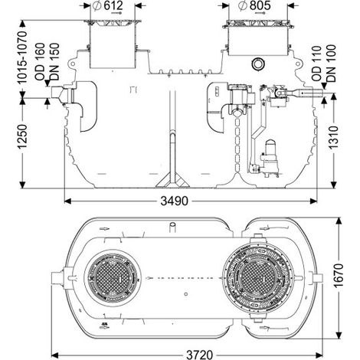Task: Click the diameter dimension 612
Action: [x=108, y=5]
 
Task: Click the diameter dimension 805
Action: [x=254, y=5]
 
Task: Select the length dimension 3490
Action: [x=174, y=201]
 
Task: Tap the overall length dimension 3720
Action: [x=199, y=355]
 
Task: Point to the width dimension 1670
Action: [x=339, y=275]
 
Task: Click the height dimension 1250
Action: [x=22, y=136]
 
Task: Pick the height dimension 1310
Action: [x=334, y=137]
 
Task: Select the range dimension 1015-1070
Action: [x=22, y=57]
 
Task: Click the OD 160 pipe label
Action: [x=41, y=62]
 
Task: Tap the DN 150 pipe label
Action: [x=54, y=62]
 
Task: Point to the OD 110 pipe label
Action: [x=316, y=64]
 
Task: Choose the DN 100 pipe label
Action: [x=331, y=64]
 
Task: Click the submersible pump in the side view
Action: [x=270, y=159]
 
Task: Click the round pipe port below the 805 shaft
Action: [x=258, y=64]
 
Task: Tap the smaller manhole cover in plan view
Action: [x=113, y=278]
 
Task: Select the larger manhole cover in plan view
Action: [x=257, y=278]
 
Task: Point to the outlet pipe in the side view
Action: [x=304, y=93]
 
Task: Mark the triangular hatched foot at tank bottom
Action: [x=173, y=181]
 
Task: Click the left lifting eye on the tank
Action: [x=72, y=64]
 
